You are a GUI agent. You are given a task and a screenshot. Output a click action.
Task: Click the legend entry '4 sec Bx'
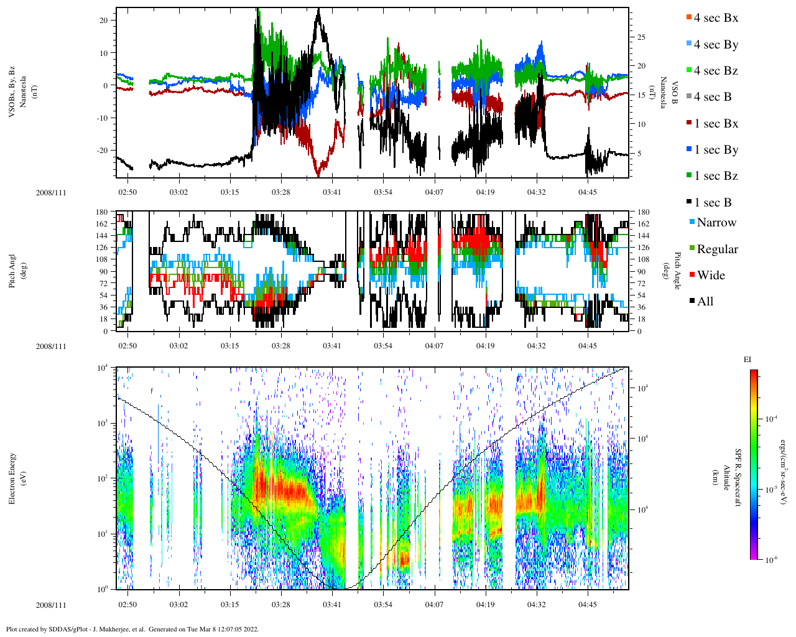tap(716, 18)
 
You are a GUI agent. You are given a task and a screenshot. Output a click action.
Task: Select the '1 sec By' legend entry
tap(716, 150)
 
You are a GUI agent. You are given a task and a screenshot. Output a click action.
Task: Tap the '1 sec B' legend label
tap(713, 203)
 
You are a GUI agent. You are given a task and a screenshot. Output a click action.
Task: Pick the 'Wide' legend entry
tap(711, 276)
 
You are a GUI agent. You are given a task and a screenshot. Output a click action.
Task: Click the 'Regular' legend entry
tap(717, 249)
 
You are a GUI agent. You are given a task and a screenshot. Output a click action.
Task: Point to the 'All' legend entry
tap(705, 302)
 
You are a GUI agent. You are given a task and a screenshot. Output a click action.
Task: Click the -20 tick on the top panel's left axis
tap(104, 151)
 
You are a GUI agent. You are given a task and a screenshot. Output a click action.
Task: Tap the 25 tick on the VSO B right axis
tap(641, 37)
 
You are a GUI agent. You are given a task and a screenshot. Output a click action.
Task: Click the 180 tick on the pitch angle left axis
tap(102, 212)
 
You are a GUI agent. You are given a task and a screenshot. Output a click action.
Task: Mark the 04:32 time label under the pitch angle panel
tap(536, 346)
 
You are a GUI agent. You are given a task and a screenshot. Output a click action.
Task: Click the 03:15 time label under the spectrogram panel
tap(229, 605)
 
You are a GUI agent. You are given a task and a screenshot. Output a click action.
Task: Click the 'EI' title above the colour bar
tap(747, 360)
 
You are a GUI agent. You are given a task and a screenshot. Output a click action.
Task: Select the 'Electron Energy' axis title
tap(12, 478)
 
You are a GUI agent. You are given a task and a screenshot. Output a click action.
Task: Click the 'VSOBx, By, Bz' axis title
tap(12, 91)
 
